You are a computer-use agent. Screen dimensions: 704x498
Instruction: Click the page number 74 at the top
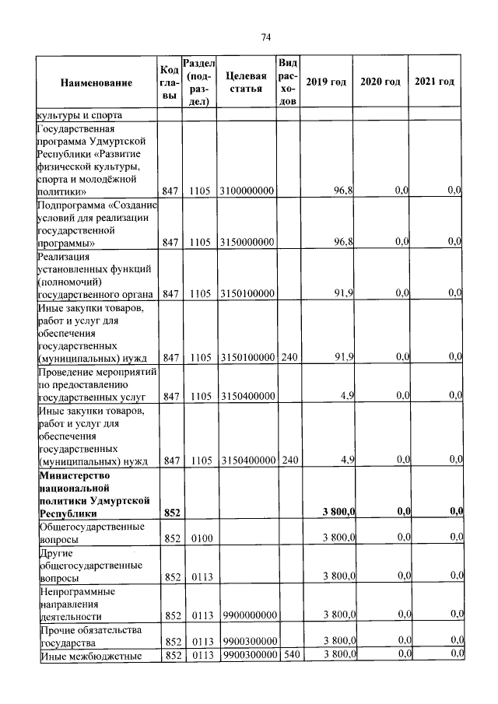click(265, 37)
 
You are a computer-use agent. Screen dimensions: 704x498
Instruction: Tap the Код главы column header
click(170, 82)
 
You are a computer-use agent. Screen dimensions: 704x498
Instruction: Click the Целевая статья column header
click(246, 82)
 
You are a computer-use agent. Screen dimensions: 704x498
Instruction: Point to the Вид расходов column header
click(288, 82)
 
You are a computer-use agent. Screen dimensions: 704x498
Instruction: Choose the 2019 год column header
click(326, 82)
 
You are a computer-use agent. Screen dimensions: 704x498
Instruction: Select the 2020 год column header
click(381, 82)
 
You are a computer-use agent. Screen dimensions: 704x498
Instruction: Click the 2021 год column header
click(435, 82)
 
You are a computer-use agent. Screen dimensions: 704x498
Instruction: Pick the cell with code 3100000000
click(247, 191)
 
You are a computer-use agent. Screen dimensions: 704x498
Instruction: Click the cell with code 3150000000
click(247, 243)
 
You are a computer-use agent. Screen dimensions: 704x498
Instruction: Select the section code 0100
click(199, 538)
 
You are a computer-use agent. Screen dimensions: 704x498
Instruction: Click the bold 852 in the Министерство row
click(171, 512)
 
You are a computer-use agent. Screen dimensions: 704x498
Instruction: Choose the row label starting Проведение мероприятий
click(96, 384)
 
